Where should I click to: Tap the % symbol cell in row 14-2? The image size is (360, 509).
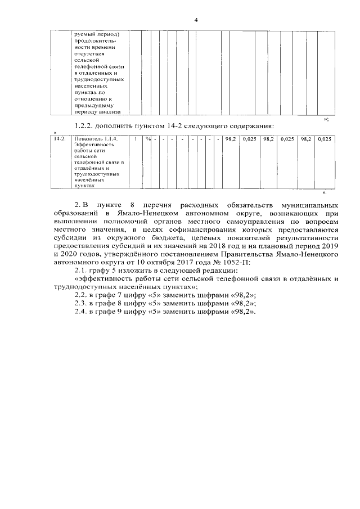(x=147, y=138)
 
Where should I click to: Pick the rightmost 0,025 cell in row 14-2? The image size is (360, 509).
(x=325, y=138)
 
